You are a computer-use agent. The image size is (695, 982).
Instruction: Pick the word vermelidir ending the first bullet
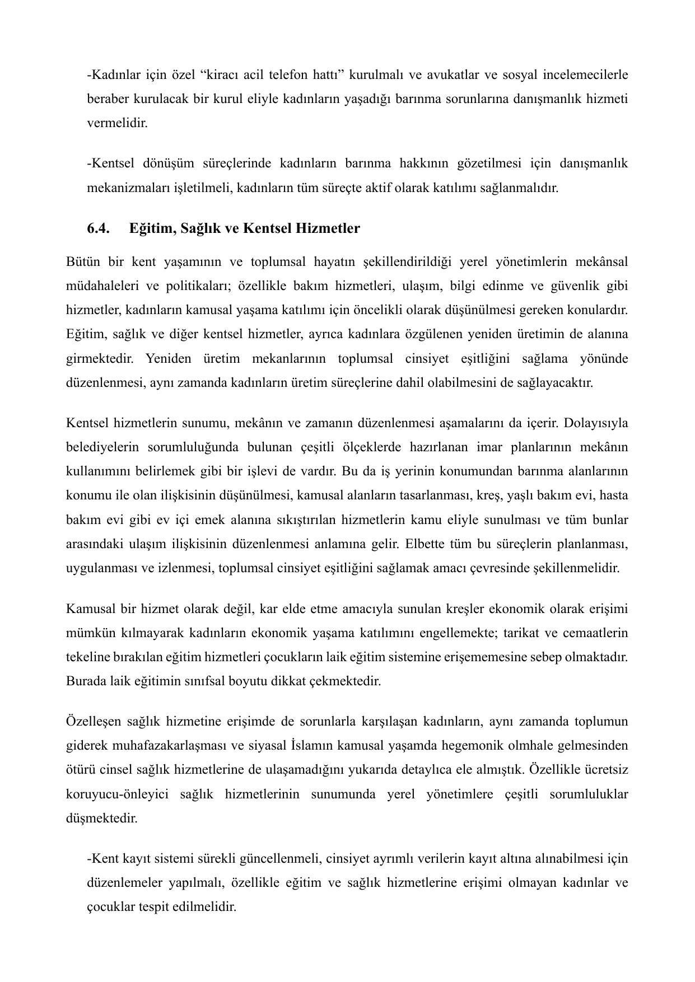coord(117,123)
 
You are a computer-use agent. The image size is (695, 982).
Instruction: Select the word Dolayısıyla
coord(596,423)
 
